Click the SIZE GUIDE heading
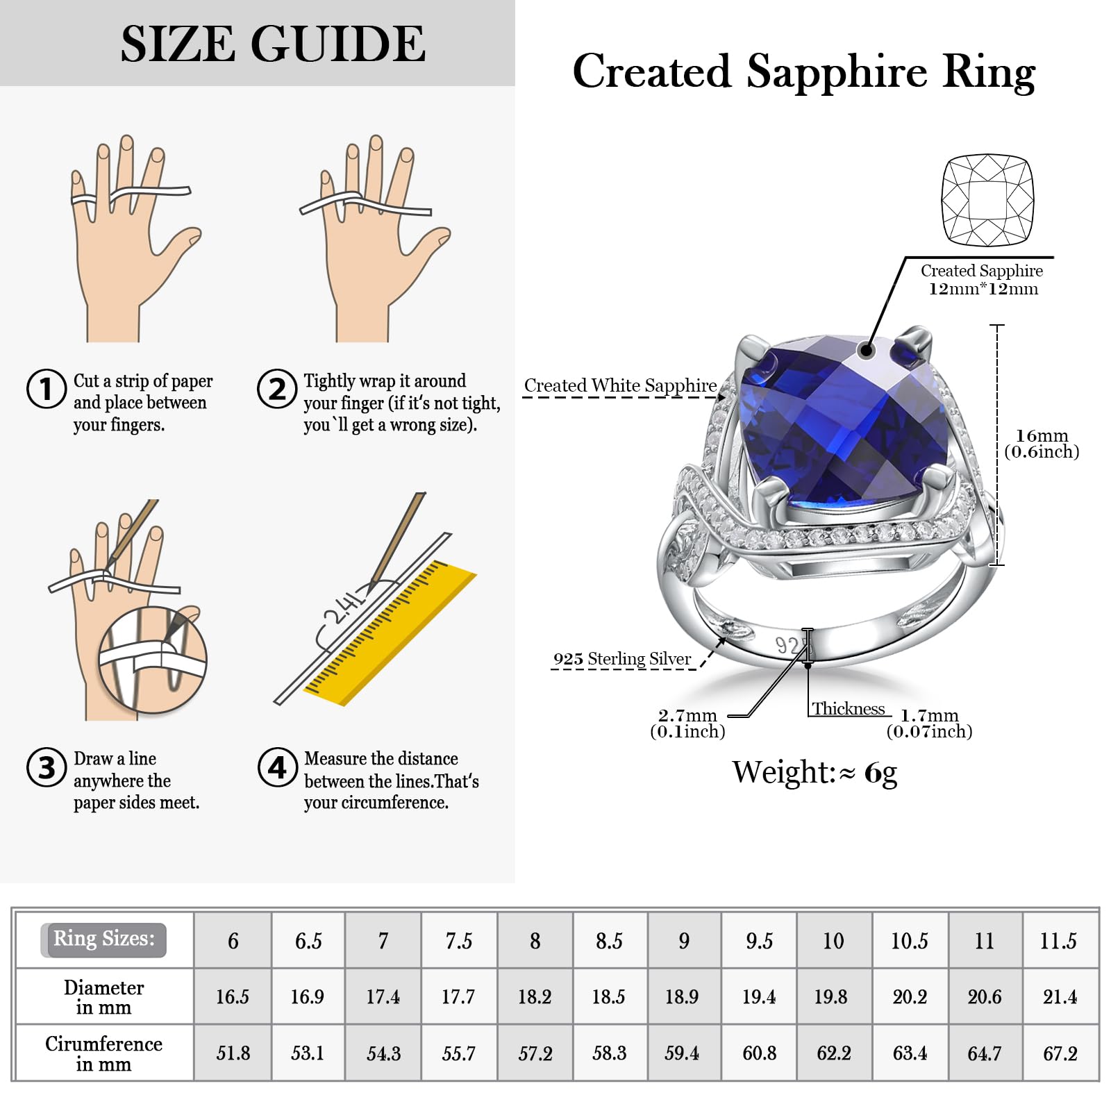pos(273,44)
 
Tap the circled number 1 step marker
pos(46,389)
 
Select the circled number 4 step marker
pos(277,767)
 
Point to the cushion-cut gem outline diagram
pos(987,200)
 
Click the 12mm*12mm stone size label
pos(983,289)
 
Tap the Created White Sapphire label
pos(620,385)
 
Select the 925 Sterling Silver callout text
pos(622,659)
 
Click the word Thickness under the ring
pos(849,709)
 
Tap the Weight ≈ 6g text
pos(815,772)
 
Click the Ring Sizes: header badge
pos(103,939)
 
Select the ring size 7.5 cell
pos(458,941)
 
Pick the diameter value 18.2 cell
pos(534,997)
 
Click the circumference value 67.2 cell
pos(1060,1053)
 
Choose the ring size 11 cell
pos(984,941)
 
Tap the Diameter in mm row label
pos(103,997)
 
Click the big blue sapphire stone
pos(833,424)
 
